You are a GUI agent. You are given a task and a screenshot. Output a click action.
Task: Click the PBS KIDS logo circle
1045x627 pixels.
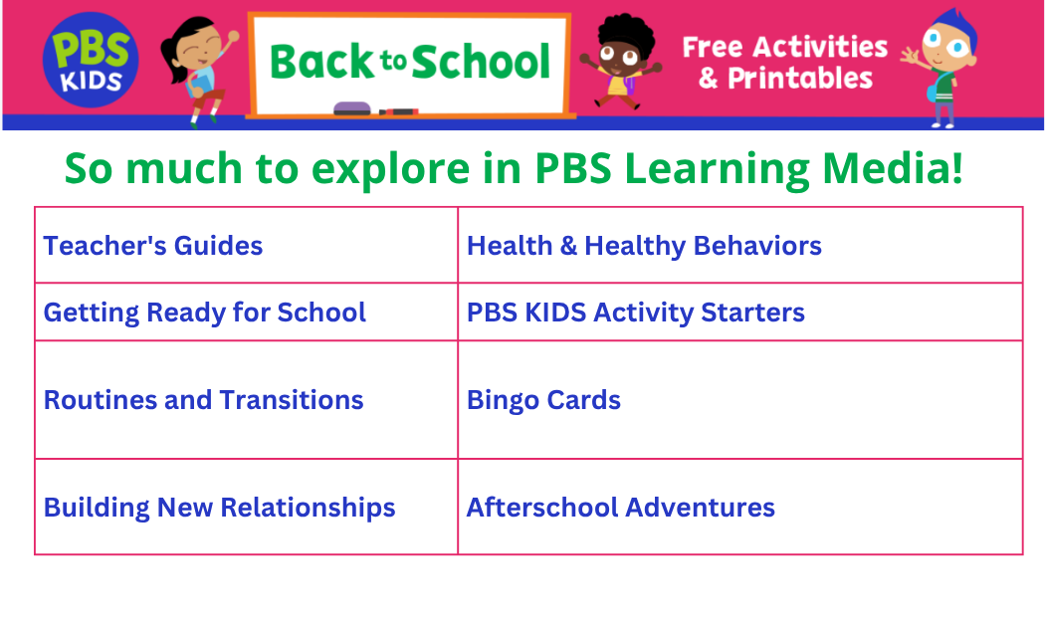(91, 60)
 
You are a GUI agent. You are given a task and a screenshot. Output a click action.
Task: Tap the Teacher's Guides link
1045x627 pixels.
(153, 246)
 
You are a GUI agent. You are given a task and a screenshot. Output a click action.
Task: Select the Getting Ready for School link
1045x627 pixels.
(205, 313)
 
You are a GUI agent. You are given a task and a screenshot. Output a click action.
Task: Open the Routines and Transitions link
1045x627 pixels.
(203, 400)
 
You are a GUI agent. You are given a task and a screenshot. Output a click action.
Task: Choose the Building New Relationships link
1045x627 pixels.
(219, 508)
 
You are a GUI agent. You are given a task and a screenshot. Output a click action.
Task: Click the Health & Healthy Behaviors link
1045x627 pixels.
(644, 246)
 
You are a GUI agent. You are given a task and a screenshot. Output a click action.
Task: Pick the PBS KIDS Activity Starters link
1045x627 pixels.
(636, 313)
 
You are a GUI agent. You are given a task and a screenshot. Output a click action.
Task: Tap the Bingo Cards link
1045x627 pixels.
(543, 400)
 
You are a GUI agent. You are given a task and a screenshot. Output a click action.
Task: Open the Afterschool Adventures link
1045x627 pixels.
(620, 508)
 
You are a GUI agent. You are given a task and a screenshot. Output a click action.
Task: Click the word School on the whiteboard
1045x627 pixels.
(481, 62)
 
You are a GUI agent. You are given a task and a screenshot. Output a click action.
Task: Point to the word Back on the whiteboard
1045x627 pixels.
(323, 62)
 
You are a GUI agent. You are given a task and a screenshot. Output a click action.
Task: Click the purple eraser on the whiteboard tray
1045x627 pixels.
(351, 108)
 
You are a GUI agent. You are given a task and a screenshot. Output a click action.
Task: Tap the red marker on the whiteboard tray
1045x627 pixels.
(398, 111)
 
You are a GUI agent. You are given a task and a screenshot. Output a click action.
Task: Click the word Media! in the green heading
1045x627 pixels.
(893, 168)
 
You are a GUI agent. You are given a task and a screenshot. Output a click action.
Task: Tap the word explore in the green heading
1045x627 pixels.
(390, 169)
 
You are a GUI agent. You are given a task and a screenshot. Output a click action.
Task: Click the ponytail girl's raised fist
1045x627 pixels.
(233, 36)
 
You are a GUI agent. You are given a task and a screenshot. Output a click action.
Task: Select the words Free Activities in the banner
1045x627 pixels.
(785, 48)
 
